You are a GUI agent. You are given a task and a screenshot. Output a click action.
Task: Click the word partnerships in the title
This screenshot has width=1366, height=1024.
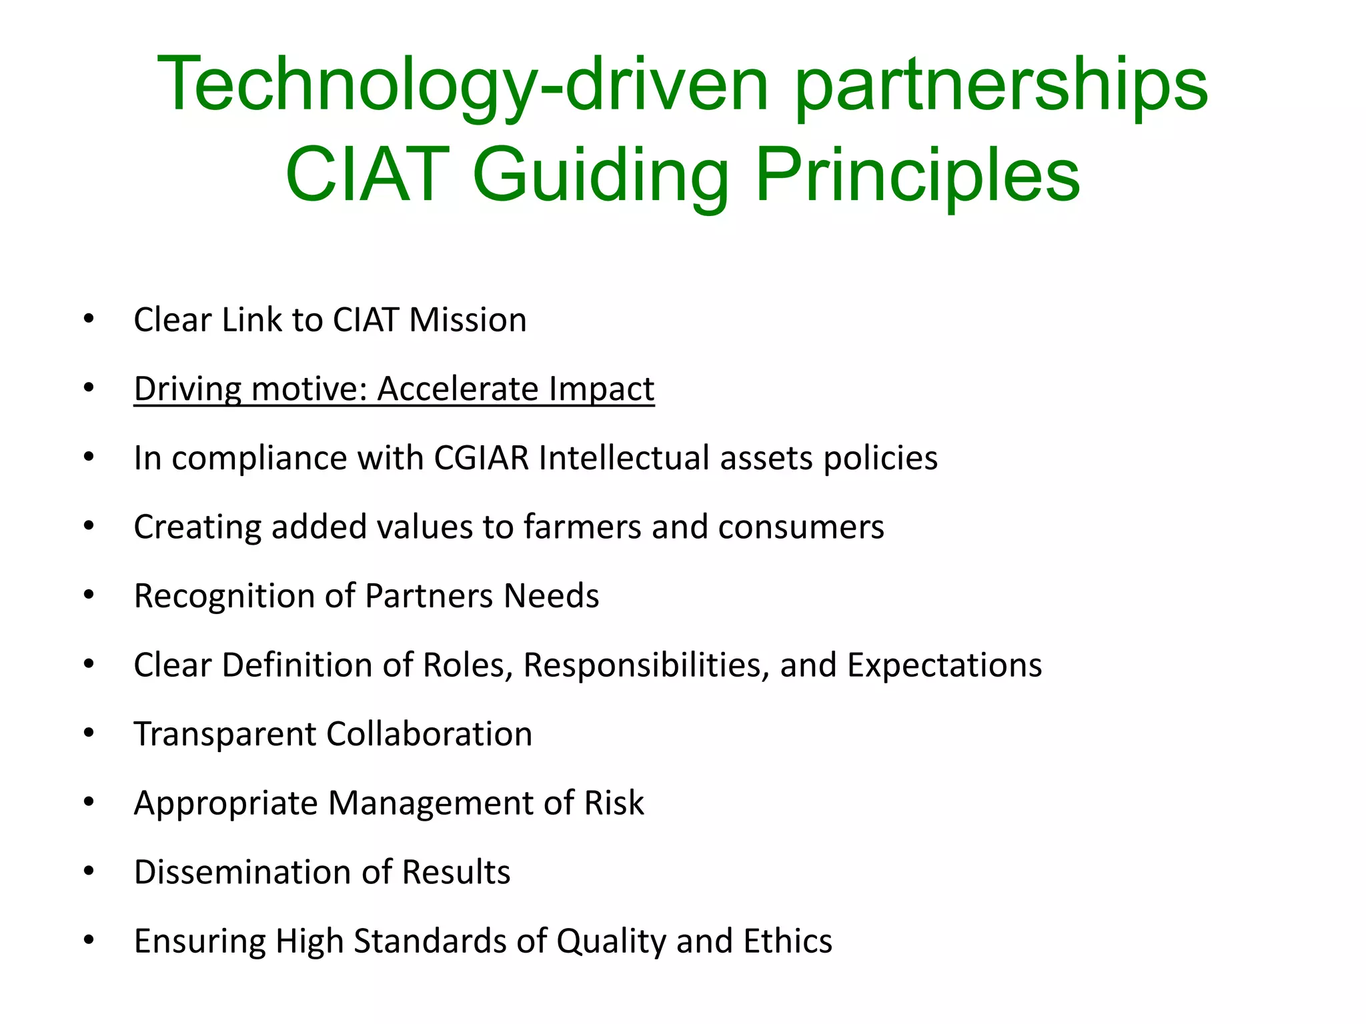point(1000,85)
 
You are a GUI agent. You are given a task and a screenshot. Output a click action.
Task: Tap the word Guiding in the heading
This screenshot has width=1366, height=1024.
point(600,175)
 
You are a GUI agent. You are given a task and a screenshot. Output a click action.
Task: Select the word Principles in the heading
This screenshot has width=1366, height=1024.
point(917,175)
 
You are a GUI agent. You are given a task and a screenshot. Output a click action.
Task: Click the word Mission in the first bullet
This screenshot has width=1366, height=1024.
point(468,320)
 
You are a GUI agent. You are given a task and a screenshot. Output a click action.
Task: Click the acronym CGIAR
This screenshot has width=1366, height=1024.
point(481,458)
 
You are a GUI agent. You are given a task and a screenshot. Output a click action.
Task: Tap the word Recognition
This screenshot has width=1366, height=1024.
point(224,596)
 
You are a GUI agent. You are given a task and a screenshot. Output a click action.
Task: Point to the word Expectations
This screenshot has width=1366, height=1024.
point(944,665)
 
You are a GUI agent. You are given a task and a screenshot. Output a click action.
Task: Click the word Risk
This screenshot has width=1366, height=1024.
point(614,803)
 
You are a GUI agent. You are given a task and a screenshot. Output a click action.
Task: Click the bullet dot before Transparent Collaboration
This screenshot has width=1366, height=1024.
point(89,733)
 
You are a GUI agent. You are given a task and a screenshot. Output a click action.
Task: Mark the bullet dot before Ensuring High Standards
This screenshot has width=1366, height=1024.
point(89,941)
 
